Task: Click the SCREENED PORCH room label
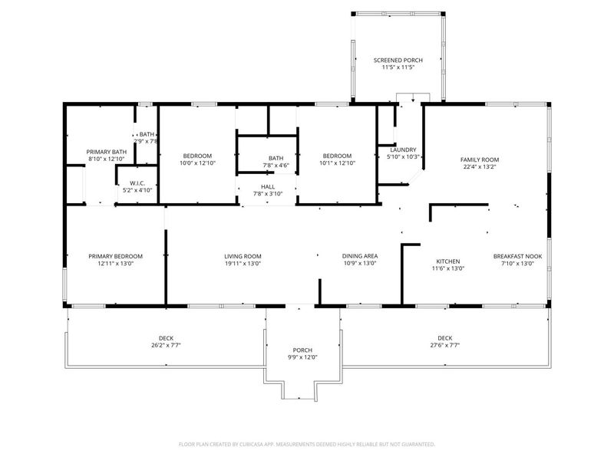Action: (x=398, y=60)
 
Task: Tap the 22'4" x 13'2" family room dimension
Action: (x=480, y=167)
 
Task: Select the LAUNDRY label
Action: (x=403, y=149)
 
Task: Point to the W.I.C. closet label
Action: (x=137, y=182)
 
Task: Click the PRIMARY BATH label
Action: (x=107, y=152)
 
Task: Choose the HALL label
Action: (x=268, y=186)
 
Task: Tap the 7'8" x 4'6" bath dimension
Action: (x=276, y=165)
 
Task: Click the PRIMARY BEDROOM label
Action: (x=115, y=256)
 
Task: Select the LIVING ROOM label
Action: (x=243, y=256)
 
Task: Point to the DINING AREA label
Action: (x=359, y=256)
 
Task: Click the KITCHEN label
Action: (x=447, y=261)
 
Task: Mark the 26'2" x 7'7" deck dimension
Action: (x=166, y=345)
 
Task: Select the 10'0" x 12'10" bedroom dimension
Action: (x=198, y=163)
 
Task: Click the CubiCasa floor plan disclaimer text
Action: (x=307, y=444)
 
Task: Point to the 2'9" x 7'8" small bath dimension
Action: (x=146, y=141)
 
